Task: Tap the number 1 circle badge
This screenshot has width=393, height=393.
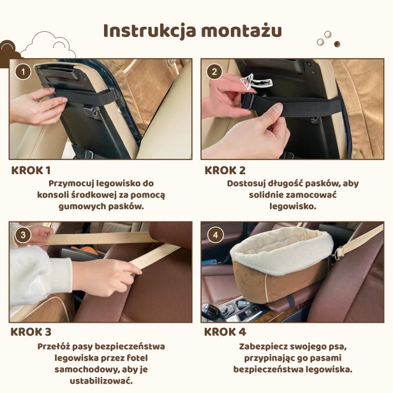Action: click(23, 71)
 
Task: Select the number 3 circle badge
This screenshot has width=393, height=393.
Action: click(23, 235)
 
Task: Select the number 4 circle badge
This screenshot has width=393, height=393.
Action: click(215, 235)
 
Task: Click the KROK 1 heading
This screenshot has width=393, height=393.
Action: click(31, 170)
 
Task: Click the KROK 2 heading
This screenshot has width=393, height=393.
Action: click(225, 170)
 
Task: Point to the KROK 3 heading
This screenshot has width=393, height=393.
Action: click(31, 332)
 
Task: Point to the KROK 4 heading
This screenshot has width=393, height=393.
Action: click(225, 332)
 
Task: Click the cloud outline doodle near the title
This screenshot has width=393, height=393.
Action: click(47, 44)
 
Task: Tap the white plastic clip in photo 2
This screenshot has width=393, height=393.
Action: click(256, 81)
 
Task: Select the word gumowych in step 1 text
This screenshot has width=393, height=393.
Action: click(79, 207)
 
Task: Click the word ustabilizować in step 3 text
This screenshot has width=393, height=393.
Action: click(100, 381)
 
